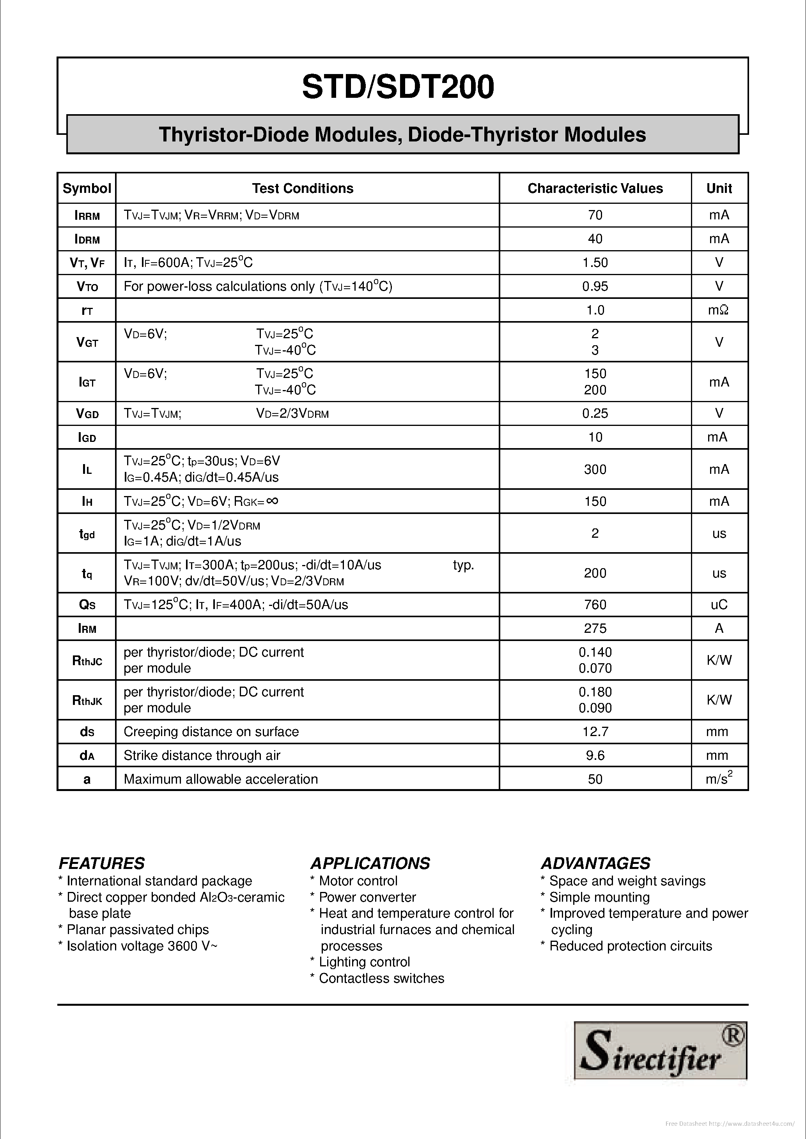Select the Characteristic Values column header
pyautogui.click(x=595, y=189)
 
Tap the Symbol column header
pyautogui.click(x=87, y=189)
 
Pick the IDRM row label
pyautogui.click(x=87, y=239)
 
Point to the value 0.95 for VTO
pyautogui.click(x=595, y=286)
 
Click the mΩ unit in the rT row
pyautogui.click(x=718, y=310)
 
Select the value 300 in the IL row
pyautogui.click(x=595, y=469)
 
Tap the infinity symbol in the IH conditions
pyautogui.click(x=272, y=501)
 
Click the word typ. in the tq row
pyautogui.click(x=464, y=565)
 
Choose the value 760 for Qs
pyautogui.click(x=595, y=605)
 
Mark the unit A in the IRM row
pyautogui.click(x=719, y=629)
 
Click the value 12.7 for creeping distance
pyautogui.click(x=595, y=732)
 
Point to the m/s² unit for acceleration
pyautogui.click(x=719, y=779)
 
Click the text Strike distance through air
pyautogui.click(x=202, y=756)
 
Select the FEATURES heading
pyautogui.click(x=102, y=864)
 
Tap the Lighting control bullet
pyautogui.click(x=364, y=962)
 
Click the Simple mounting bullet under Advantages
pyautogui.click(x=599, y=897)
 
